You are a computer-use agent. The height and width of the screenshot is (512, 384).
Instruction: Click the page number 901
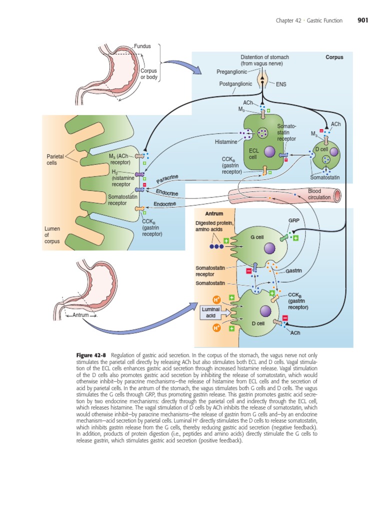363,20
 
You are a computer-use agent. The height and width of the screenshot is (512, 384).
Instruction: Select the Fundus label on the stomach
142,46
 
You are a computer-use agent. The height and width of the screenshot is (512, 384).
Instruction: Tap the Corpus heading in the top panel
334,57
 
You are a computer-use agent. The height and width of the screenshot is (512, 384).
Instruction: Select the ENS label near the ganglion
281,84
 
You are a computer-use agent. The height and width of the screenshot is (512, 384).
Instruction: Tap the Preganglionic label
232,72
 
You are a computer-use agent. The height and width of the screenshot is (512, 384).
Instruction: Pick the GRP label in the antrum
293,220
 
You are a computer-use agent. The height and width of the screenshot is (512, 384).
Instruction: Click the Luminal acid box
211,312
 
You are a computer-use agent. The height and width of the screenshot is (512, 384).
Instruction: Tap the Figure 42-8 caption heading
92,353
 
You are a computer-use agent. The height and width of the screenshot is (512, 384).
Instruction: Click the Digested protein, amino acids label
215,226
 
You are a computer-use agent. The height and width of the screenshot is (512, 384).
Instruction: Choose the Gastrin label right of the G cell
294,270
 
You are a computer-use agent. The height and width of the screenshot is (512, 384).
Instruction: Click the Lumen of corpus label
52,235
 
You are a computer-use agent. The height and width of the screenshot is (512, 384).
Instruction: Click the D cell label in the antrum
257,323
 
